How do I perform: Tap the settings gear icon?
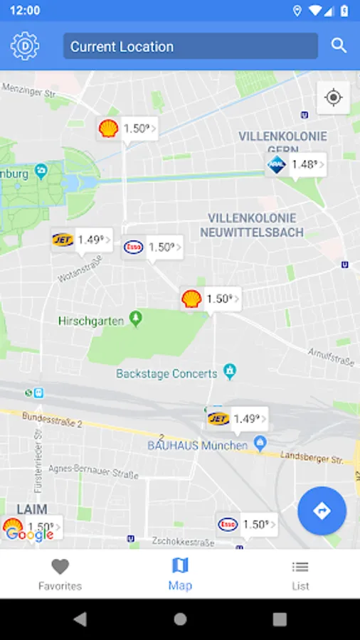pyautogui.click(x=24, y=46)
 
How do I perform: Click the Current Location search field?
pyautogui.click(x=190, y=46)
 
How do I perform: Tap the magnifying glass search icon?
pyautogui.click(x=339, y=46)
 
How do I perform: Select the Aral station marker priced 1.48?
pyautogui.click(x=295, y=165)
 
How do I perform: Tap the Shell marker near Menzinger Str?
pyautogui.click(x=127, y=129)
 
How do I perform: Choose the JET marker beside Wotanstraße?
pyautogui.click(x=82, y=240)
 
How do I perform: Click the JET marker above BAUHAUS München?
pyautogui.click(x=237, y=419)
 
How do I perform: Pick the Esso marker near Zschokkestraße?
pyautogui.click(x=246, y=525)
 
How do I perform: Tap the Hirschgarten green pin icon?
pyautogui.click(x=135, y=319)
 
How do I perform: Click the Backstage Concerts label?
pyautogui.click(x=166, y=373)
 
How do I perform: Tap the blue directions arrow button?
pyautogui.click(x=322, y=511)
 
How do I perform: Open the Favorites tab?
pyautogui.click(x=60, y=575)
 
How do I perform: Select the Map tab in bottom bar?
pyautogui.click(x=180, y=575)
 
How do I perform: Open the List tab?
pyautogui.click(x=300, y=575)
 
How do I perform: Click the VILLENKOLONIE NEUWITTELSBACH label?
pyautogui.click(x=252, y=225)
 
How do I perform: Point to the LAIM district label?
pyautogui.click(x=32, y=509)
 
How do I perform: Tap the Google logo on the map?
pyautogui.click(x=30, y=535)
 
